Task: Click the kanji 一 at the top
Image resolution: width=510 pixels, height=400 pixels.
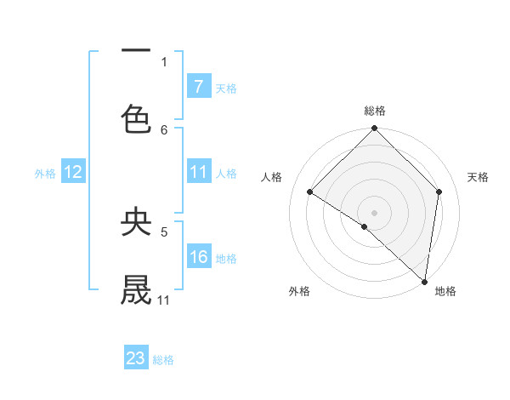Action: click(136, 51)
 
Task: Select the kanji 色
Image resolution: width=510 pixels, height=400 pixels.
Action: click(136, 118)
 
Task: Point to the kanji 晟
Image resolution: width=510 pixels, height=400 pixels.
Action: click(136, 289)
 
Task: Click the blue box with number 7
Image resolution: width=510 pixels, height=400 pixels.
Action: click(198, 86)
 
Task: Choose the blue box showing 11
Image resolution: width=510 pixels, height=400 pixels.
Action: click(198, 172)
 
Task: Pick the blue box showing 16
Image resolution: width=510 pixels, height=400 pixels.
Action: click(198, 257)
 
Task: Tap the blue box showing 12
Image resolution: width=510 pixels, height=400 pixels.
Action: click(73, 172)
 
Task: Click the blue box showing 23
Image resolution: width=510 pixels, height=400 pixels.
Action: click(136, 358)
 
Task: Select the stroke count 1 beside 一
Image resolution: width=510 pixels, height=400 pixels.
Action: click(164, 61)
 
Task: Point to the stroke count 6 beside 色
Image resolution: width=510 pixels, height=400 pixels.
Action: click(164, 129)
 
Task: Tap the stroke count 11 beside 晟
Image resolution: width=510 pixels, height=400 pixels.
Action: click(164, 300)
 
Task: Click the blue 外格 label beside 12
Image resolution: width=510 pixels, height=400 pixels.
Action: click(45, 173)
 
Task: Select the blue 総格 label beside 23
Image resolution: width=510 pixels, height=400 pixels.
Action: click(163, 359)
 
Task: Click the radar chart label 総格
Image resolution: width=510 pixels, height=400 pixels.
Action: click(375, 111)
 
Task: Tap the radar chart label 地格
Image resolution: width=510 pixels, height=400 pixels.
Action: click(445, 291)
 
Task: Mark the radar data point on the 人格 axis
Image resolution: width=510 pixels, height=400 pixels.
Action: click(310, 192)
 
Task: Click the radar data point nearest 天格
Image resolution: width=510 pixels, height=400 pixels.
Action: click(439, 191)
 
